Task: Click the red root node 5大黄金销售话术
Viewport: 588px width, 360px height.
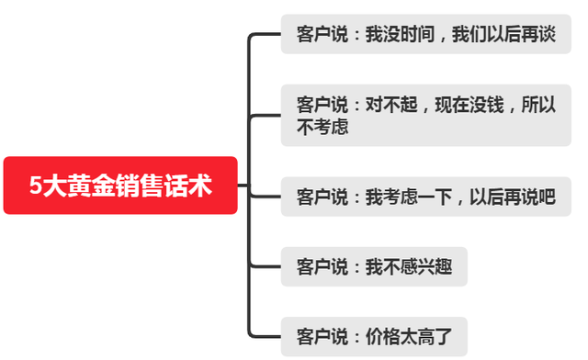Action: coord(120,186)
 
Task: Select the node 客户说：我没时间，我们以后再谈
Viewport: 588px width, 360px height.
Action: coord(426,36)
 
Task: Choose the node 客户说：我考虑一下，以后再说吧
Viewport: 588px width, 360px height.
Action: coord(426,196)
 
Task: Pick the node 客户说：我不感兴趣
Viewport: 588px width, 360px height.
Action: coord(374,267)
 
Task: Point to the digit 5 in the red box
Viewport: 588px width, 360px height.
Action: coord(36,186)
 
